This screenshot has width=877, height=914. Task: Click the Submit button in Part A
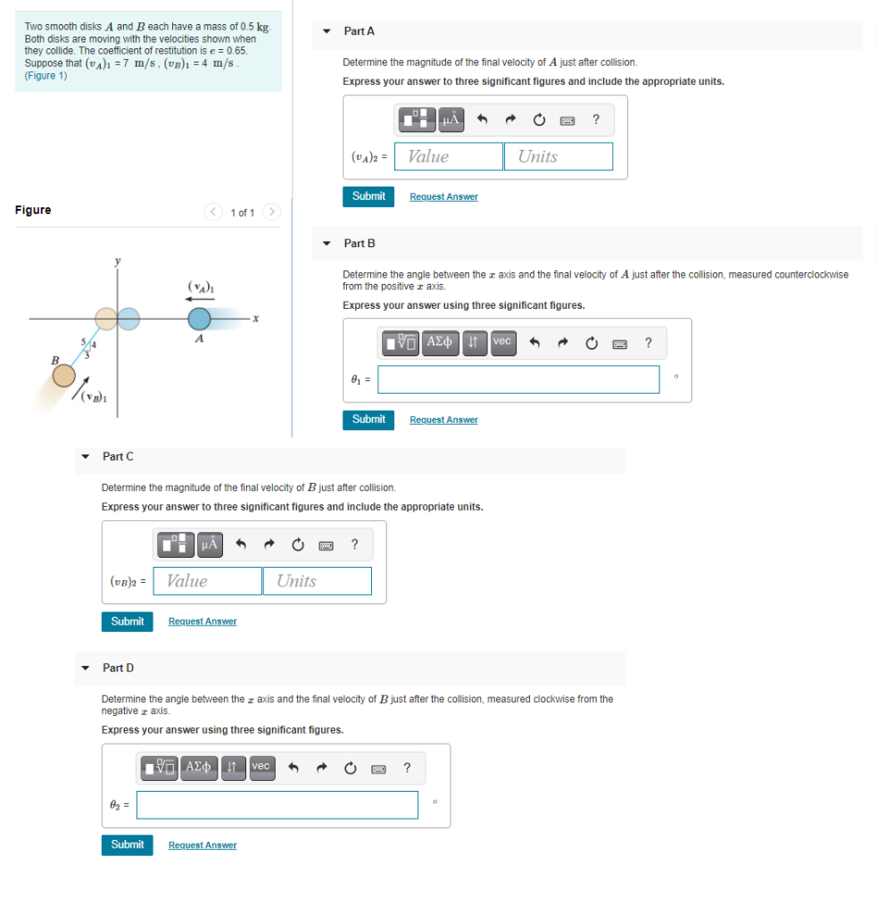pyautogui.click(x=368, y=196)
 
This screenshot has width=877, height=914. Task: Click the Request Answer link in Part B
pyautogui.click(x=443, y=420)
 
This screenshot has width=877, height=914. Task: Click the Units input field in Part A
pyautogui.click(x=558, y=156)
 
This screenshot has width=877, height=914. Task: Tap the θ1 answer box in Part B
pyautogui.click(x=518, y=379)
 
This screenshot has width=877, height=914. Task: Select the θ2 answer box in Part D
pyautogui.click(x=277, y=805)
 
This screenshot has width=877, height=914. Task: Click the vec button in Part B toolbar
pyautogui.click(x=502, y=341)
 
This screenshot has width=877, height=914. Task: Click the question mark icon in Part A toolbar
pyautogui.click(x=596, y=118)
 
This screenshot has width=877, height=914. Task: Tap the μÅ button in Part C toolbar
pyautogui.click(x=208, y=543)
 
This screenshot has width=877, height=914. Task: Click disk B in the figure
pyautogui.click(x=64, y=376)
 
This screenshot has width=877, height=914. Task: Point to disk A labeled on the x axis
pyautogui.click(x=198, y=319)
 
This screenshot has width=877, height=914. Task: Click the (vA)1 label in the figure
pyautogui.click(x=198, y=286)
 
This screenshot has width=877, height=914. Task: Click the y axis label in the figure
pyautogui.click(x=116, y=261)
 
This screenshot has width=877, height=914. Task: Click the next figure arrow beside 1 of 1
pyautogui.click(x=272, y=212)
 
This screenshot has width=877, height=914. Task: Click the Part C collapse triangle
pyautogui.click(x=86, y=457)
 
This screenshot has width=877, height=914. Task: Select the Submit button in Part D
pyautogui.click(x=127, y=844)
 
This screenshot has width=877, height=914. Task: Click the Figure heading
pyautogui.click(x=33, y=211)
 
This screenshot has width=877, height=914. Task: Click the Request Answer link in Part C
pyautogui.click(x=203, y=621)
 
